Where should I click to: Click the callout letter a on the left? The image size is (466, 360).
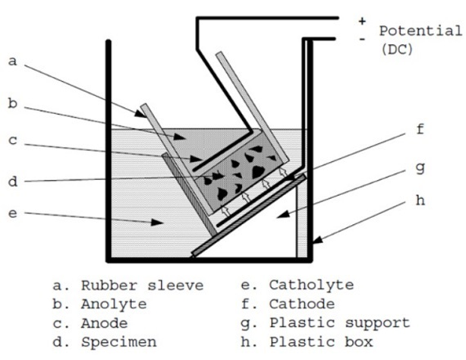coord(12,61)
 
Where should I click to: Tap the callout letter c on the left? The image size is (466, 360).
coord(12,140)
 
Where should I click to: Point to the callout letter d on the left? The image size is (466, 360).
coord(12,181)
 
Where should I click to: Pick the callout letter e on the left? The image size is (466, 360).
coord(12,214)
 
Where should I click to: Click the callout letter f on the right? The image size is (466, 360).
coord(420,129)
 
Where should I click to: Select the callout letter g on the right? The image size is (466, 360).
coord(420,169)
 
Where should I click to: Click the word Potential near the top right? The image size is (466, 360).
coord(420,31)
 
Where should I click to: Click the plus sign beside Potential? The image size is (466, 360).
coord(362,21)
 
